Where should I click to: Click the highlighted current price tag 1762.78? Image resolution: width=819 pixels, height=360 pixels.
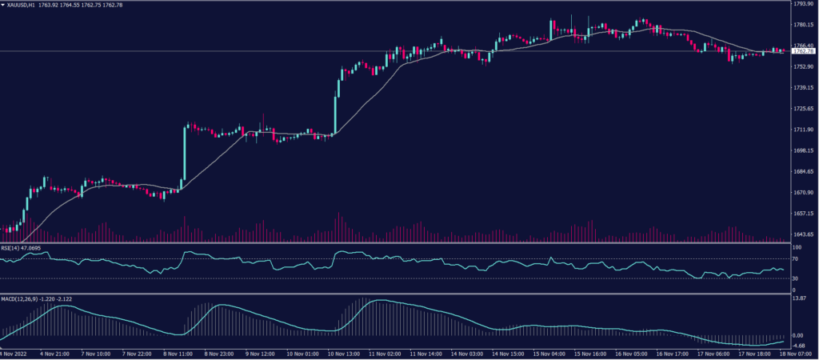pos(801,51)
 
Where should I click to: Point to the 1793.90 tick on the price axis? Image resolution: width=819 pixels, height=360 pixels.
pos(802,4)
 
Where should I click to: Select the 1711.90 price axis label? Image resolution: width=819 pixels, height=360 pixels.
pos(802,130)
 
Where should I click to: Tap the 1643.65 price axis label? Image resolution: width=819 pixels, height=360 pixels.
pos(802,234)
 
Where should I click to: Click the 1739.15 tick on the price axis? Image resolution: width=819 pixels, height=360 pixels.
pos(802,87)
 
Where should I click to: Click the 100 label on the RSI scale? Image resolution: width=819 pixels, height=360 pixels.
pos(796,249)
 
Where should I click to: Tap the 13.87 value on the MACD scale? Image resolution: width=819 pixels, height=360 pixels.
pos(799,298)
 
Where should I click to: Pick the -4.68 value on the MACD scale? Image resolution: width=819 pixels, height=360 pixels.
pos(799,346)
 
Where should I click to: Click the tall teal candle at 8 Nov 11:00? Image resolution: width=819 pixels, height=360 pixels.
pos(185,157)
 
